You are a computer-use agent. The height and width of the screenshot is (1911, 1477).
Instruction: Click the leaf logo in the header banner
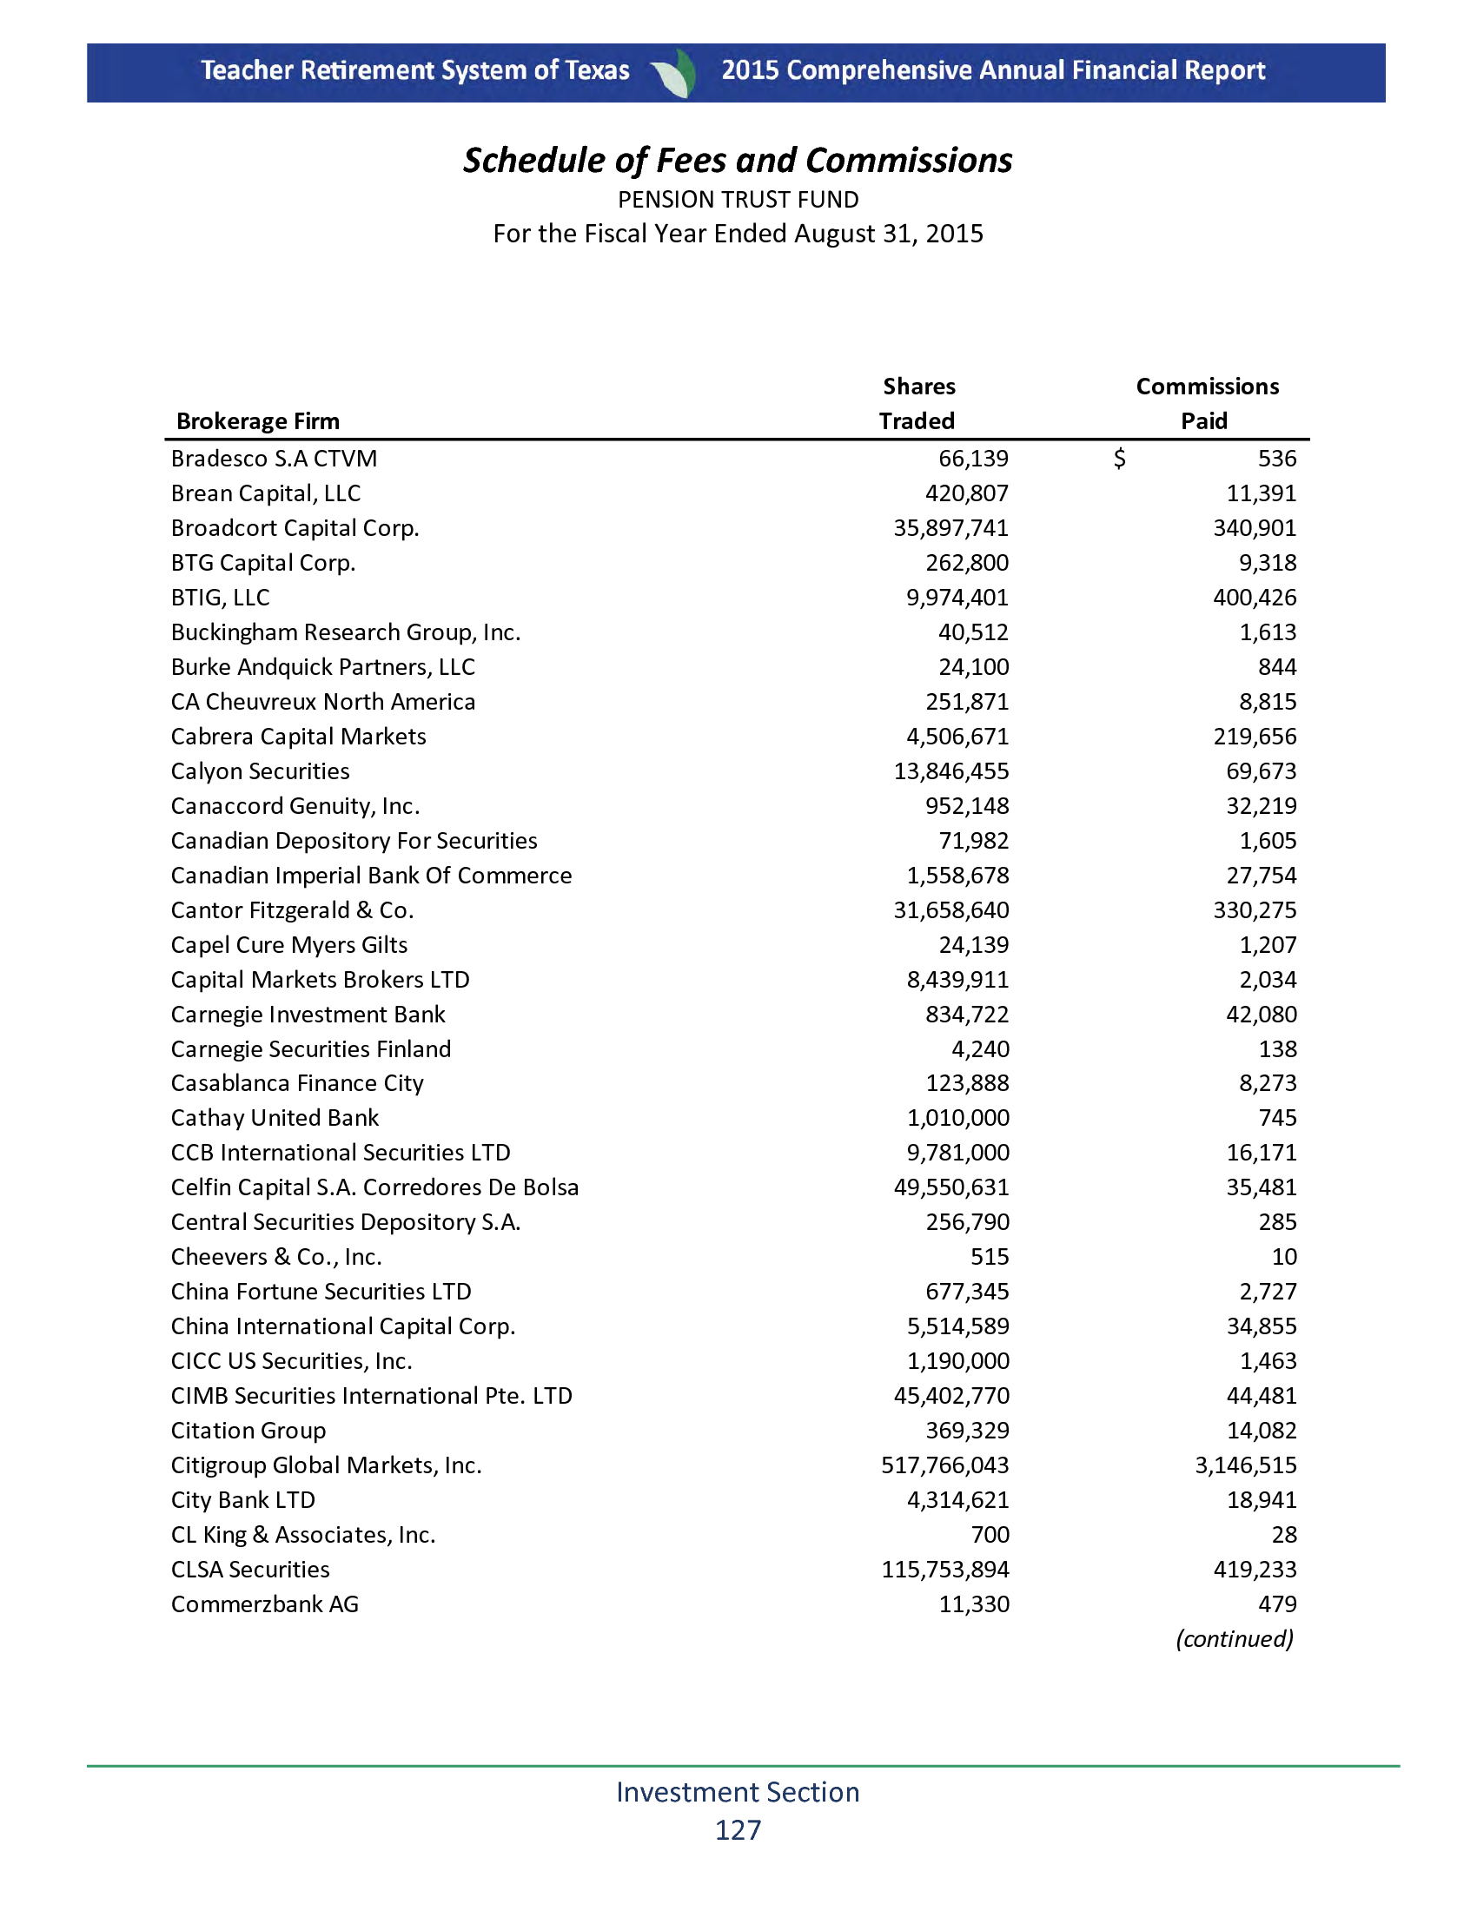[x=675, y=73]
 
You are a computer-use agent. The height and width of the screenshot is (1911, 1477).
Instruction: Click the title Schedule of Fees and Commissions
[x=738, y=161]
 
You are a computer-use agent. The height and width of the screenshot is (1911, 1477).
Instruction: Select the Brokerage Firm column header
[x=258, y=422]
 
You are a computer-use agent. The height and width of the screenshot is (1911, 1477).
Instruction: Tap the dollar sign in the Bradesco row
[x=1119, y=459]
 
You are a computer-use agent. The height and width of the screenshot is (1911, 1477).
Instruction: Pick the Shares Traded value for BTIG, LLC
[x=957, y=598]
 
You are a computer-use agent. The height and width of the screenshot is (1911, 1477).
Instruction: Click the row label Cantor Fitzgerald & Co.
[x=292, y=910]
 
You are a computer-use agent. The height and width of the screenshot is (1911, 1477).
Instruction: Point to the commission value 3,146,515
[x=1245, y=1465]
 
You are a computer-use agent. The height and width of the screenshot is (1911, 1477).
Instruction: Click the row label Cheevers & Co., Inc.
[x=276, y=1258]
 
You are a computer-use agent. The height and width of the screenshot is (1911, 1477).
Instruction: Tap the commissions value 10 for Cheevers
[x=1283, y=1258]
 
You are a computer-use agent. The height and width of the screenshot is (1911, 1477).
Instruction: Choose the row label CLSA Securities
[x=250, y=1570]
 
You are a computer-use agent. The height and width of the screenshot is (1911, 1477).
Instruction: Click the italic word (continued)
[x=1234, y=1639]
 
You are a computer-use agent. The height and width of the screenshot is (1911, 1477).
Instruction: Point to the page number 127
[x=738, y=1830]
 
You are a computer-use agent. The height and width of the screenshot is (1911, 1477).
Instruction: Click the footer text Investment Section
[x=738, y=1792]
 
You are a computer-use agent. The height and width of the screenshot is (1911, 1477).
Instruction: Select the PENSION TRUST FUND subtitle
[x=738, y=201]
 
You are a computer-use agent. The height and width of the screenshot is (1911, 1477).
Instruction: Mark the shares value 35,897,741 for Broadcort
[x=950, y=528]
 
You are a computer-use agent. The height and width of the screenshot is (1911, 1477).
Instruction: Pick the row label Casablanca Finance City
[x=297, y=1083]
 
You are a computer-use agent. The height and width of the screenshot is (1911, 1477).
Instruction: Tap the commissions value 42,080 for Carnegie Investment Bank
[x=1261, y=1014]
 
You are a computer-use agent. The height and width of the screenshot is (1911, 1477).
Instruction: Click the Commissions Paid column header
[x=1207, y=404]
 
